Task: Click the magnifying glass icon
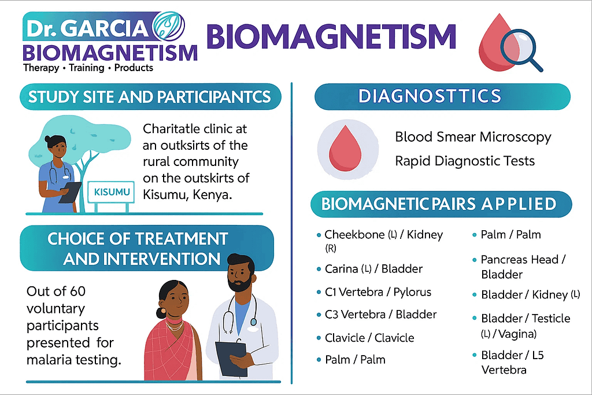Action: [x=521, y=50]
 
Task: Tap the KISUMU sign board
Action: [x=112, y=192]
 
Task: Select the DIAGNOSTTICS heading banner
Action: [x=442, y=97]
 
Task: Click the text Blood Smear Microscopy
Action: [x=473, y=137]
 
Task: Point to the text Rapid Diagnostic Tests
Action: [x=465, y=161]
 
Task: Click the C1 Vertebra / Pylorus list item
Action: [x=378, y=292]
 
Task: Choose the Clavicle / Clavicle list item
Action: [x=369, y=338]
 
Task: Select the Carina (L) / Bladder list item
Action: [x=373, y=269]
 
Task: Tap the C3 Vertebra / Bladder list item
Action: [x=380, y=314]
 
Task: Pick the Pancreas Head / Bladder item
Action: [x=523, y=267]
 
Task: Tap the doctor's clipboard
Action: [x=231, y=358]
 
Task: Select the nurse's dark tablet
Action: [x=70, y=192]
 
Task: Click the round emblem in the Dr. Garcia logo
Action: [x=168, y=25]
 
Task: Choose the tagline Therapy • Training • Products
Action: [x=88, y=68]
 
